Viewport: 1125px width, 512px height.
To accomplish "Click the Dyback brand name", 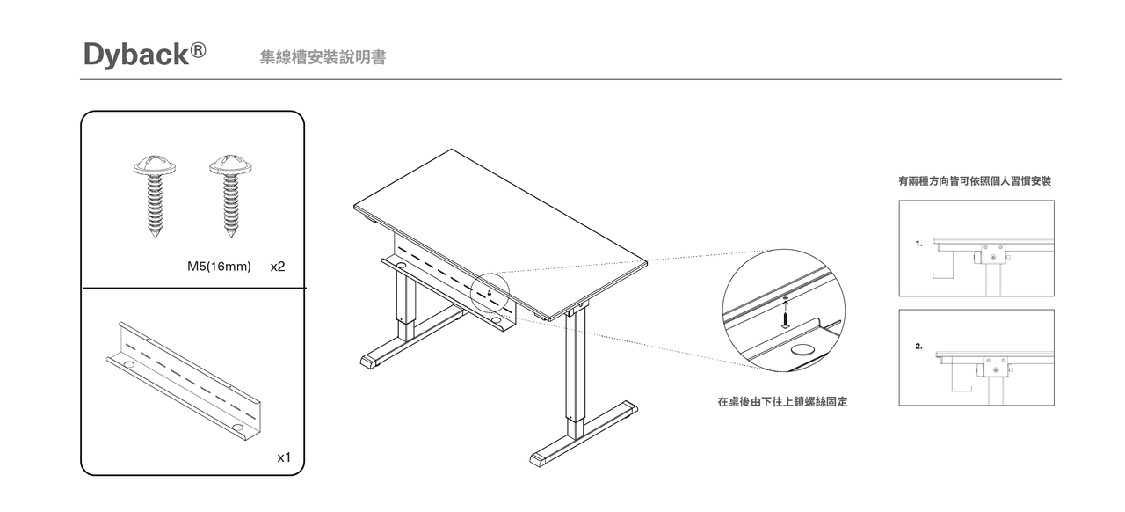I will pyautogui.click(x=136, y=55).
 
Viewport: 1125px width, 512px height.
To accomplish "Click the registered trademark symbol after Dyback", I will pyautogui.click(x=199, y=49).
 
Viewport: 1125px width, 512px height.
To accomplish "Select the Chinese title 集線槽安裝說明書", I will pyautogui.click(x=323, y=57).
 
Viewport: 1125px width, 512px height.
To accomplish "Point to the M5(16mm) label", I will pyautogui.click(x=220, y=266).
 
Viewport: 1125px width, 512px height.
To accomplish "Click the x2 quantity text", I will pyautogui.click(x=278, y=266).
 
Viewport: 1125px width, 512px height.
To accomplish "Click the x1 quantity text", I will pyautogui.click(x=284, y=457).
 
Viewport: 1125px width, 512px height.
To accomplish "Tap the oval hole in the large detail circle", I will pyautogui.click(x=802, y=350).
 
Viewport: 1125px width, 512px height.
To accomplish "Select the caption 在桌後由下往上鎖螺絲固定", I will pyautogui.click(x=782, y=402).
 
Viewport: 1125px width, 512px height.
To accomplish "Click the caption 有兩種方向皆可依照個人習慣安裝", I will pyautogui.click(x=974, y=181).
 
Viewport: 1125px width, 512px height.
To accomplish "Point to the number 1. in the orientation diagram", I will pyautogui.click(x=918, y=244).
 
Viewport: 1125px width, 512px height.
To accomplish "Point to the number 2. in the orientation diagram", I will pyautogui.click(x=918, y=347).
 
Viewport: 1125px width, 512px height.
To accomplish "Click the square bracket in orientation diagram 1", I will pyautogui.click(x=993, y=254).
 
